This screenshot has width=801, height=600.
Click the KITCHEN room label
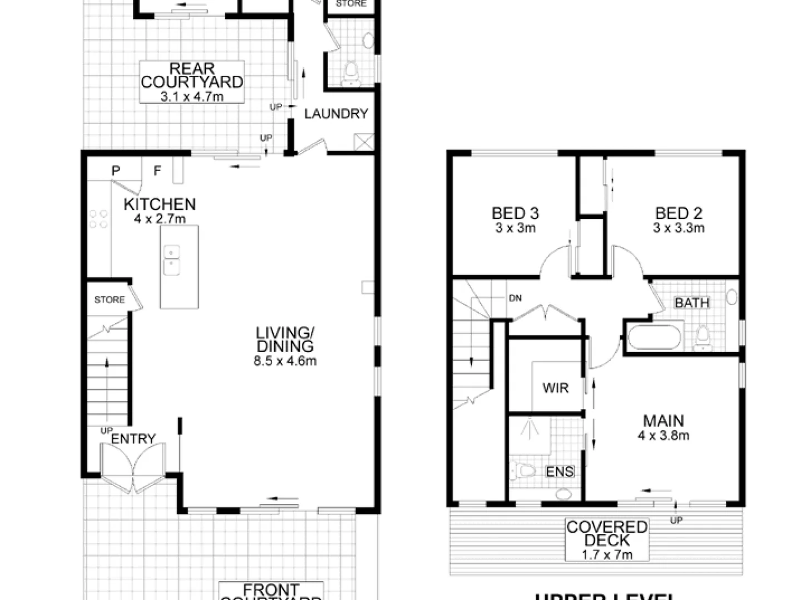[x=160, y=204]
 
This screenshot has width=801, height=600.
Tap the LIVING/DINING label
[x=285, y=339]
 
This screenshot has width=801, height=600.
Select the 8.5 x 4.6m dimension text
[x=285, y=361]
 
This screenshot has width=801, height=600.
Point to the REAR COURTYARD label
[x=191, y=76]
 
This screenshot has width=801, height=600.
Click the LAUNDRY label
[x=336, y=114]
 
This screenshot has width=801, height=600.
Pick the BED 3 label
[x=515, y=213]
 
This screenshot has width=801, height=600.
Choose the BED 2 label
[x=679, y=213]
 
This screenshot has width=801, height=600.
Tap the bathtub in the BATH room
[x=654, y=337]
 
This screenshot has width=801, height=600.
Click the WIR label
[x=555, y=388]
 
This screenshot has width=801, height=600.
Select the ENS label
[x=560, y=472]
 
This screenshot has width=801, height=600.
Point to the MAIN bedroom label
[x=664, y=421]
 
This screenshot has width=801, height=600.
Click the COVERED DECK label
[x=607, y=533]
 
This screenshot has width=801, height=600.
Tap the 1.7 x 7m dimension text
[x=607, y=554]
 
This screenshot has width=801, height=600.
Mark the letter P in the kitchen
[x=116, y=171]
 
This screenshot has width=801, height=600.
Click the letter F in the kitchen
[x=157, y=171]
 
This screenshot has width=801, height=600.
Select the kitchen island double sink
[x=172, y=260]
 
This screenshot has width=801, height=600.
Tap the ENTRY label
[x=133, y=439]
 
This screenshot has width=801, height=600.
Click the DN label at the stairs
[x=515, y=298]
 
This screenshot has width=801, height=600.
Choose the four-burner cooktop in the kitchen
[x=98, y=218]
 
